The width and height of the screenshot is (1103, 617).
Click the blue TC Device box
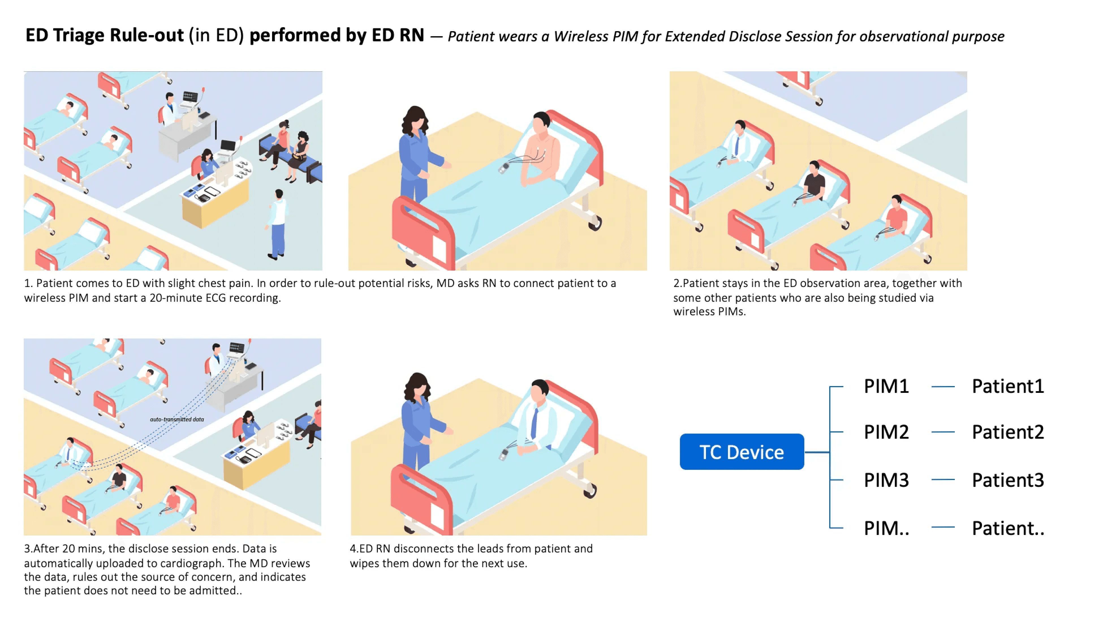point(741,452)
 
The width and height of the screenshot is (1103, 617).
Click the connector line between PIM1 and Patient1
point(943,387)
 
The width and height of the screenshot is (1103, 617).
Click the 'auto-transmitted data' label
point(176,419)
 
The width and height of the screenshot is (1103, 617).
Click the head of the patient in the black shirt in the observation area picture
point(814,166)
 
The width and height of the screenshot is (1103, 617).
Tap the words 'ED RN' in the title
point(398,35)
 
